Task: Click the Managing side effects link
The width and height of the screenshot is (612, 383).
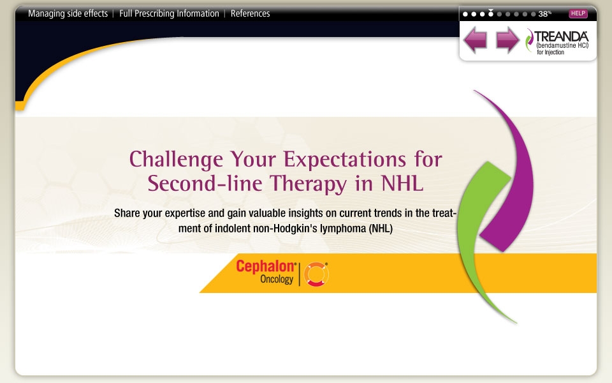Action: coord(68,13)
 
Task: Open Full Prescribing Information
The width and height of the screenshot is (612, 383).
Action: coord(169,13)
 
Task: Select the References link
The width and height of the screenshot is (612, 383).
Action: coord(250,13)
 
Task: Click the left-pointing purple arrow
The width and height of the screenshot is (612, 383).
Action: coord(475,41)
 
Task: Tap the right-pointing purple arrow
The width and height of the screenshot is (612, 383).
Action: coord(507,41)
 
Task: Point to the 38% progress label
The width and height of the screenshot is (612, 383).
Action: coord(544,13)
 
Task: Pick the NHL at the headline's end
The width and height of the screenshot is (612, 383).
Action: coord(402,183)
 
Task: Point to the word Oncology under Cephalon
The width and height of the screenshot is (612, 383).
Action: coord(276,280)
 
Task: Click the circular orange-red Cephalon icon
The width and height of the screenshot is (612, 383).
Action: coord(316,274)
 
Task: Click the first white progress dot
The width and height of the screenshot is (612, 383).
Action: coord(465,13)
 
